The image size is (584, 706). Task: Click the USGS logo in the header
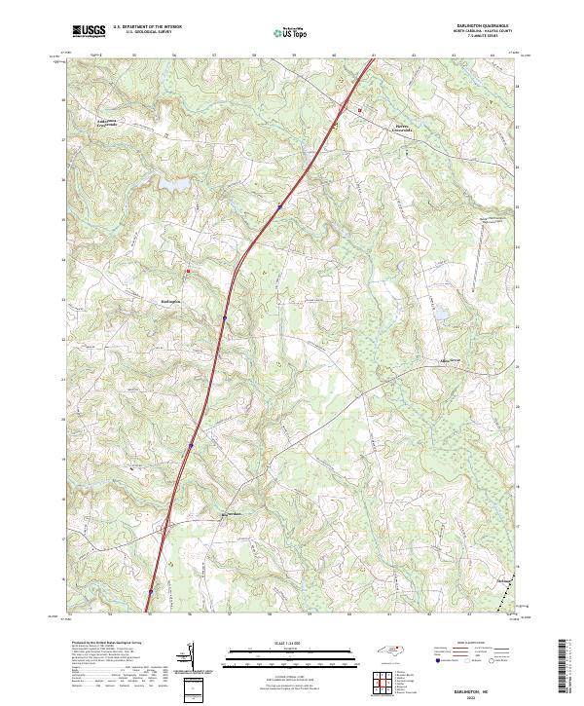pyautogui.click(x=89, y=31)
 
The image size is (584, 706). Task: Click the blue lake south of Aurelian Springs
pyautogui.click(x=172, y=182)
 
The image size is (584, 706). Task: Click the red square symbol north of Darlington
pyautogui.click(x=188, y=272)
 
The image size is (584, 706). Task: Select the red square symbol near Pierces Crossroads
pyautogui.click(x=359, y=110)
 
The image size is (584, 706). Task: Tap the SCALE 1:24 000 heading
pyautogui.click(x=291, y=644)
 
